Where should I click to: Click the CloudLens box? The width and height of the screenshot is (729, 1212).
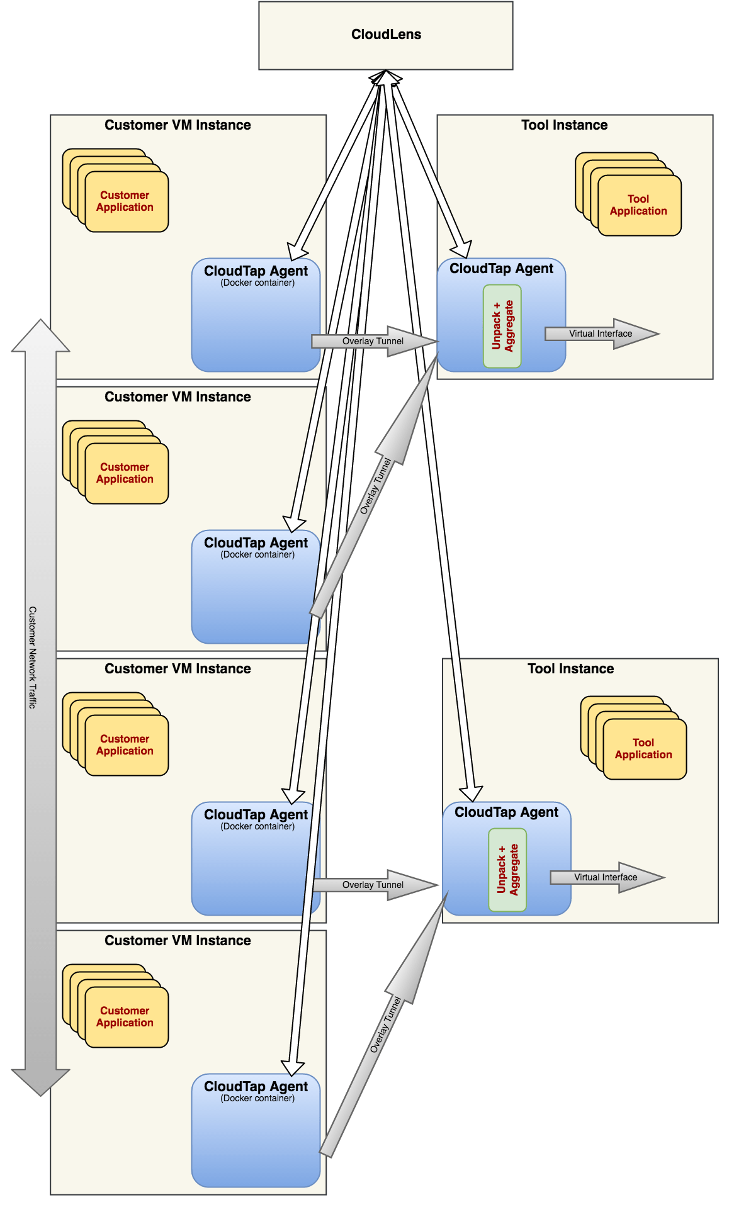(386, 35)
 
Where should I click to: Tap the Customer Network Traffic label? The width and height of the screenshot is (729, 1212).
(33, 658)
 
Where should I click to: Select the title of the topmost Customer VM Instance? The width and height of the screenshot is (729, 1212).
(178, 125)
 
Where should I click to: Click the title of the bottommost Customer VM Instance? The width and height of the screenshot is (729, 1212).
(178, 941)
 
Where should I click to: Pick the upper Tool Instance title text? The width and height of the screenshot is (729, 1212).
(564, 125)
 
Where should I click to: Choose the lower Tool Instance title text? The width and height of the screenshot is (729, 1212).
(570, 669)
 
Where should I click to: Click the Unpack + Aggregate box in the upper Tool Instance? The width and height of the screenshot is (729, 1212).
(502, 326)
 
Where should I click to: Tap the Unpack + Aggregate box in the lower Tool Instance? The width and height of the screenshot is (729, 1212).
(507, 870)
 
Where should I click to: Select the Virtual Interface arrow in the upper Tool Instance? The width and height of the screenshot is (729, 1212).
(601, 334)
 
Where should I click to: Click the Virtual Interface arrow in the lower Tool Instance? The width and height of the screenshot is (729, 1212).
(606, 878)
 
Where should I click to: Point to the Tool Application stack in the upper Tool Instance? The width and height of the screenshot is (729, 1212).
(638, 205)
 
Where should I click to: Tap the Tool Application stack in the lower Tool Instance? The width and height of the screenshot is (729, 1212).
(643, 749)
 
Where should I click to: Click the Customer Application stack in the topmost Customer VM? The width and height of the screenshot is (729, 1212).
(125, 201)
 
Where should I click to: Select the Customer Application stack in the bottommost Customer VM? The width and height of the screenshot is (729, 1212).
(125, 1017)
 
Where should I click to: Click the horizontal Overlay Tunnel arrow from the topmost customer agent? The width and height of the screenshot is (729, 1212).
(373, 342)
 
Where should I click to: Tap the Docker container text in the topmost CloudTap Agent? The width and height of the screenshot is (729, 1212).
(257, 283)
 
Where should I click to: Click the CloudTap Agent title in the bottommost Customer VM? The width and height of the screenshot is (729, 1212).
(256, 1087)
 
